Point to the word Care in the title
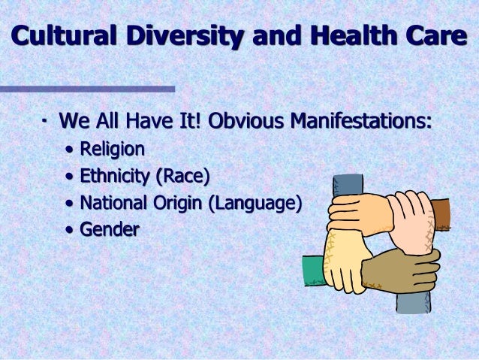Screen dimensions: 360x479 tap(435, 35)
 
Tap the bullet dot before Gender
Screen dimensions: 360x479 tap(70, 230)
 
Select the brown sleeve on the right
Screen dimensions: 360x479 tap(442, 213)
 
